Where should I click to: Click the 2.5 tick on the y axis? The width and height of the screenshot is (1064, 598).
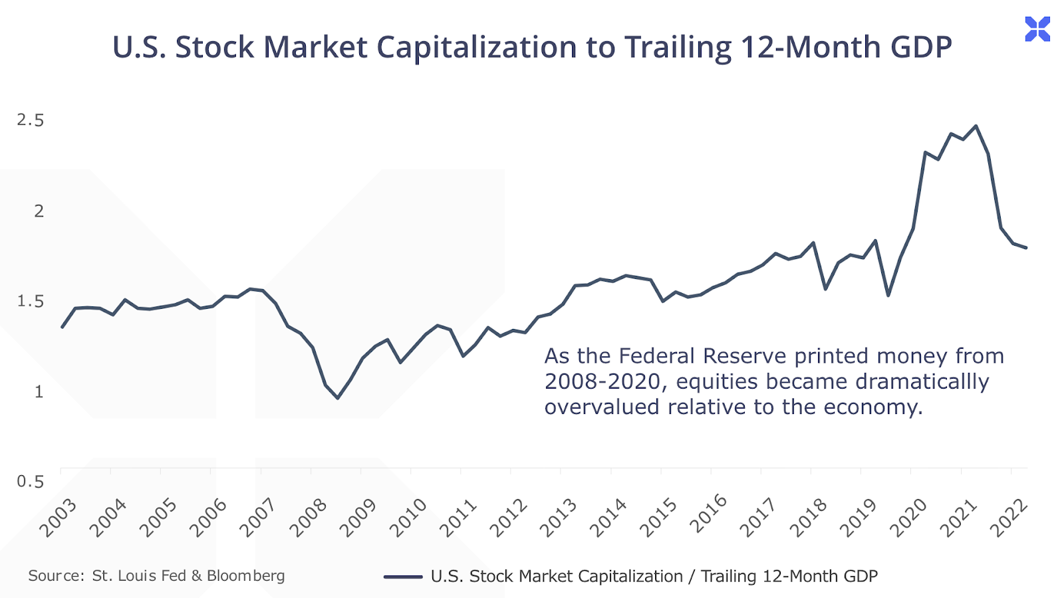click(31, 120)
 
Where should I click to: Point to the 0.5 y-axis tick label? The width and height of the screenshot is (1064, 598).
click(31, 481)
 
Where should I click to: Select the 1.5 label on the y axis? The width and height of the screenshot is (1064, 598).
click(31, 301)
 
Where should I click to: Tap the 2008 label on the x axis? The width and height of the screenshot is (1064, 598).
click(309, 518)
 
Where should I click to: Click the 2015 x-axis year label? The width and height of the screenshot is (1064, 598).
click(659, 518)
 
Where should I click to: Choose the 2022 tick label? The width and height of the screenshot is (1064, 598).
click(1009, 518)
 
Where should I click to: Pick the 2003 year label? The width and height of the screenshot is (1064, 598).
click(59, 518)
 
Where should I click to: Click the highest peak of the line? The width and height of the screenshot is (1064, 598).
click(976, 126)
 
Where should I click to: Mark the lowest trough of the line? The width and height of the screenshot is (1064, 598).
click(338, 398)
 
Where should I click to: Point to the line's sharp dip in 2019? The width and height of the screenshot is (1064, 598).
click(888, 295)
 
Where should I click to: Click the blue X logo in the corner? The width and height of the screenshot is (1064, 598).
click(1037, 29)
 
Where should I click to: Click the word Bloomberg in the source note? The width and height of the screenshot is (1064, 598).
click(245, 575)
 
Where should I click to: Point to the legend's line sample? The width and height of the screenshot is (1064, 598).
click(403, 577)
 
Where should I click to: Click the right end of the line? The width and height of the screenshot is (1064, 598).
click(1027, 248)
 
